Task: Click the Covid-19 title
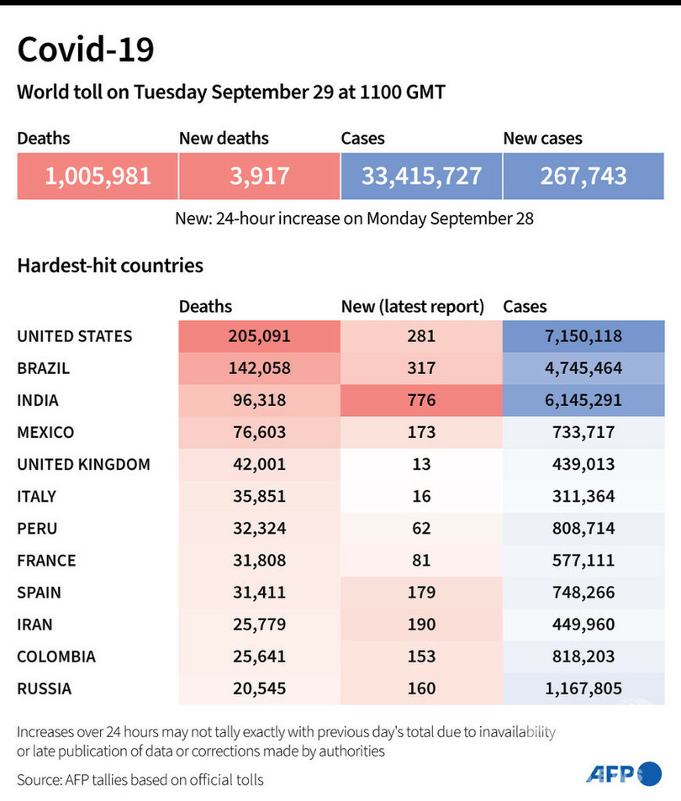86,50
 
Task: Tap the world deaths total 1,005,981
98,176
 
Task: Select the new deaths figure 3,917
259,176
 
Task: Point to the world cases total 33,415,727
421,176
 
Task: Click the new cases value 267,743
583,176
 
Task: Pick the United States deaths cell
259,336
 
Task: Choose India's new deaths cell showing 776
420,400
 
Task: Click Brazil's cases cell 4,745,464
583,368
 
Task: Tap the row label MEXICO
45,432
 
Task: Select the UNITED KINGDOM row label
83,464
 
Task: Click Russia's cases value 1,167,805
583,689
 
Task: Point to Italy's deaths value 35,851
259,496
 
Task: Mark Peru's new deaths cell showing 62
420,528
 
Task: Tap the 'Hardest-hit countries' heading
110,266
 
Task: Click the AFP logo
623,774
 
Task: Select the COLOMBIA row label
56,656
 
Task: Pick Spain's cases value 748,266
583,593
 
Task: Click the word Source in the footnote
38,780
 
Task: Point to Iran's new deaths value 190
420,624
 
